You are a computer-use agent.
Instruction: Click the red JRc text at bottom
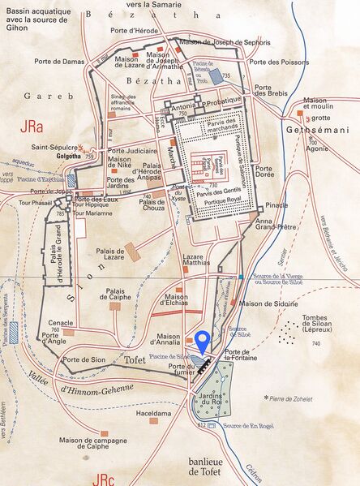104,477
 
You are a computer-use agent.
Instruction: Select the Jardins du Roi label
214,399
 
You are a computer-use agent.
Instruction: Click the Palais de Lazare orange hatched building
132,251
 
